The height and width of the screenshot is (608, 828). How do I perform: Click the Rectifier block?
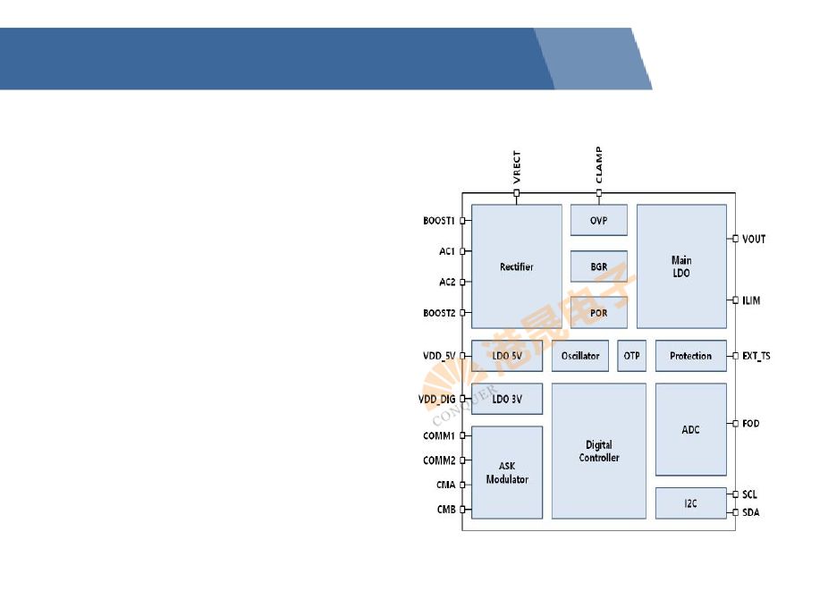coord(516,266)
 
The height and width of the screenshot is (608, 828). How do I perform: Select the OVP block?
coord(598,220)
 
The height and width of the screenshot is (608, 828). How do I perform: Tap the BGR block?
coord(598,266)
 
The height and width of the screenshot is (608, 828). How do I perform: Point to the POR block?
coord(598,313)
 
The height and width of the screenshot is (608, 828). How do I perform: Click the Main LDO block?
coord(680,266)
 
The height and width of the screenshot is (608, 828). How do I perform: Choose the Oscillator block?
coord(580,356)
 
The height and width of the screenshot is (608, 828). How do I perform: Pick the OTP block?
coord(631,356)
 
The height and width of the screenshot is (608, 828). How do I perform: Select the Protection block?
coord(690,356)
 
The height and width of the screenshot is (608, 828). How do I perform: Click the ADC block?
coord(690,429)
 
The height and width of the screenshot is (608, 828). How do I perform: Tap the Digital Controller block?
coord(598,451)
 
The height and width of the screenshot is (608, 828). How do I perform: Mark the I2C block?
coord(690,503)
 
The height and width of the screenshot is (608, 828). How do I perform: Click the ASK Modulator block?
coord(506,472)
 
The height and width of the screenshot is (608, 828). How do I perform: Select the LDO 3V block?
coord(506,399)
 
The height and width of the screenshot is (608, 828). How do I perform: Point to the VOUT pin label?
coord(754,239)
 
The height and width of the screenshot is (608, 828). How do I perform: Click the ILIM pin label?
coord(751,300)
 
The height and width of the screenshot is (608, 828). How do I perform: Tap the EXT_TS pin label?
coord(756,356)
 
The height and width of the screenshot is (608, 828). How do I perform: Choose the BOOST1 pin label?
coord(439,221)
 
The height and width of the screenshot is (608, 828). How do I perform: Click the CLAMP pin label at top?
coord(598,165)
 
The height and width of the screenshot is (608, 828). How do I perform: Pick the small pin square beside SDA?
coord(735,512)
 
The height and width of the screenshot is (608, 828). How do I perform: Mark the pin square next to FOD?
coord(735,423)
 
